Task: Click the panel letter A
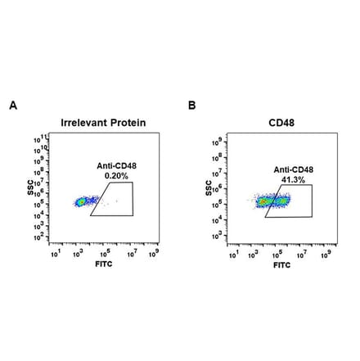coord(12,106)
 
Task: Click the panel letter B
coord(192,106)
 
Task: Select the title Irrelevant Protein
coord(103,123)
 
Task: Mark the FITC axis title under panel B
coord(281,266)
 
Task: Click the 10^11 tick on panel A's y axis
coord(39,139)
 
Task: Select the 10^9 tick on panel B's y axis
coord(219,143)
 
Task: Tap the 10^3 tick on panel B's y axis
coord(219,235)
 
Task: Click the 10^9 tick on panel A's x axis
coord(154,254)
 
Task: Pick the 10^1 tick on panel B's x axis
coord(234,254)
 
